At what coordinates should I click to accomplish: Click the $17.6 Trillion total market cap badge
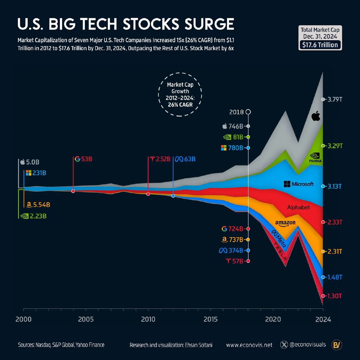tap(320, 45)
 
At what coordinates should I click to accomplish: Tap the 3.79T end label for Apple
tap(335, 100)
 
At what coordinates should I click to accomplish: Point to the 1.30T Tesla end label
tap(334, 296)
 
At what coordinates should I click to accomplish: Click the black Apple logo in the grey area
tap(316, 116)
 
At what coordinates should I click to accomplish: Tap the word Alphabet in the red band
tap(298, 208)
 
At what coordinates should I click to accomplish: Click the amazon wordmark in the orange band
tap(285, 223)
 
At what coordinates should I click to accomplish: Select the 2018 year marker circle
tap(248, 112)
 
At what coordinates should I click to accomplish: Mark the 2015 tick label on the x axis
tap(210, 319)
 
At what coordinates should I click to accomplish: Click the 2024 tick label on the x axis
tap(323, 319)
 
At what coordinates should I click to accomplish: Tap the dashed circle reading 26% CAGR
tap(180, 94)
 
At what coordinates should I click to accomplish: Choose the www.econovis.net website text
tap(249, 345)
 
